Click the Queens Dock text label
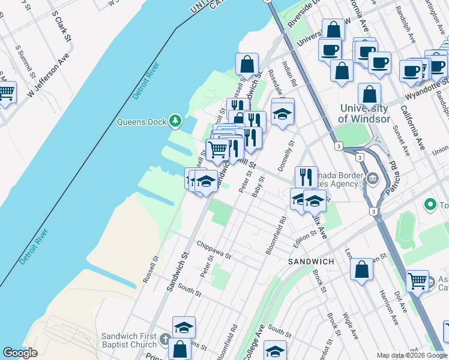141,122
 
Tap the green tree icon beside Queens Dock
175,122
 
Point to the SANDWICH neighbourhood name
311,262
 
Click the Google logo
20,353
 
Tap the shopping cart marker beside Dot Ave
417,281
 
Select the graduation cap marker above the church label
184,327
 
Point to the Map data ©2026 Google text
411,355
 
